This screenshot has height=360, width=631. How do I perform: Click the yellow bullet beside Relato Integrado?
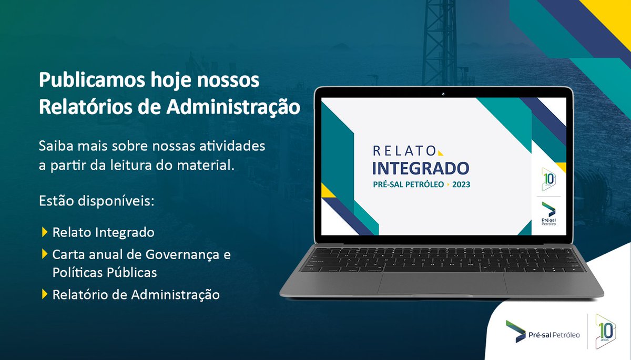[x=44, y=231]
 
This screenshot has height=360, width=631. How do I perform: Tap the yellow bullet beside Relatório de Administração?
[x=44, y=294]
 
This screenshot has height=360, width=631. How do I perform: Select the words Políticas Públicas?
[x=104, y=273]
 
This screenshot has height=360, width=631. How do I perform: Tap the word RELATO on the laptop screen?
[x=403, y=151]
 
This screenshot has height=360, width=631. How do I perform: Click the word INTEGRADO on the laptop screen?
[x=421, y=169]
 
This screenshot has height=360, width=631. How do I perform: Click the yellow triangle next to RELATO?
[x=440, y=152]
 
